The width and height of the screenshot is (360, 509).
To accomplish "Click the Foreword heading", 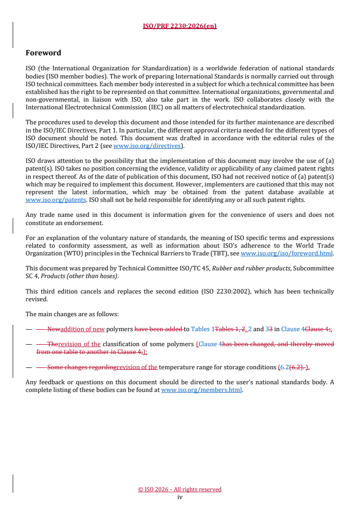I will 43,53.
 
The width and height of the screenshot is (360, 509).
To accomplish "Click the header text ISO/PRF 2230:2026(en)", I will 180,26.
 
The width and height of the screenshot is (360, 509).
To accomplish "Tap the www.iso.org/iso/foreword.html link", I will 286,253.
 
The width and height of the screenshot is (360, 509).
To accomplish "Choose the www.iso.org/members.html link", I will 202,389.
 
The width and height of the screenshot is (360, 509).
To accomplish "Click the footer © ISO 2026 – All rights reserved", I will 180,489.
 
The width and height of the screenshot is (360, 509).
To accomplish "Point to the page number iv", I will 180,497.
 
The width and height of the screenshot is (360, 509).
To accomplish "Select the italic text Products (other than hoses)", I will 66,276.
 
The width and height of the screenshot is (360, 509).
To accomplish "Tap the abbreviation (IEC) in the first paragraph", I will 142,107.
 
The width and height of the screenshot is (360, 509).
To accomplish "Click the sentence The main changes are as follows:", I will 72,314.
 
